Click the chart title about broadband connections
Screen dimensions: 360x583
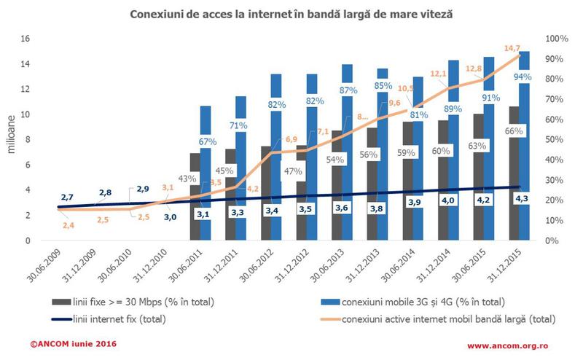tap(291, 14)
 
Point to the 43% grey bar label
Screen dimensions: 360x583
tap(187, 179)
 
